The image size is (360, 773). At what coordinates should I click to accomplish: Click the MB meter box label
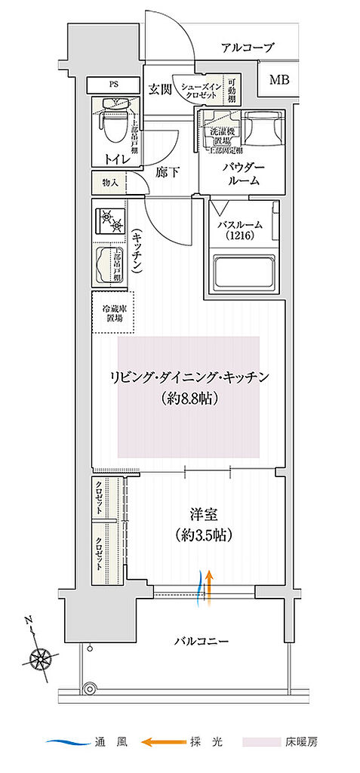278,79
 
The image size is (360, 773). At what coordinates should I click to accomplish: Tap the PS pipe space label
113,84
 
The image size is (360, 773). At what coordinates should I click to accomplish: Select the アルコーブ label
247,48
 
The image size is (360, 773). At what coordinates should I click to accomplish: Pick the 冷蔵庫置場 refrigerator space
113,312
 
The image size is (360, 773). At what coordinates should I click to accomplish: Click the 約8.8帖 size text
189,398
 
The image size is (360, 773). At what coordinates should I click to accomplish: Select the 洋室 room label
202,516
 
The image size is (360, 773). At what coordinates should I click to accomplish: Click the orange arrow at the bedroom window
209,588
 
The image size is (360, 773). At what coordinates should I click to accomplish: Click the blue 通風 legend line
66,743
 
